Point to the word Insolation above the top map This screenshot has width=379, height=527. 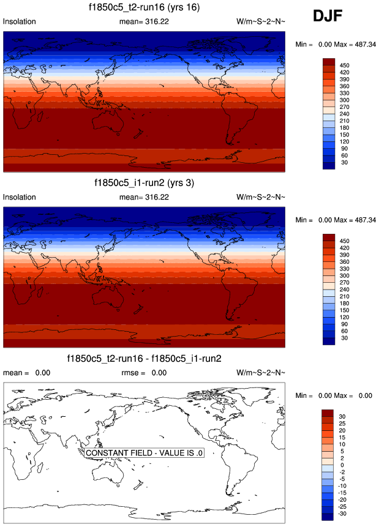pos(20,21)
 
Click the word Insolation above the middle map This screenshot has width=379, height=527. pos(20,197)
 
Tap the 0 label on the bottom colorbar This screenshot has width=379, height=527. pos(343,465)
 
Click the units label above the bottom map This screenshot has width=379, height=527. pos(261,372)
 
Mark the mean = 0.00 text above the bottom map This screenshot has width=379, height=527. pos(27,372)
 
